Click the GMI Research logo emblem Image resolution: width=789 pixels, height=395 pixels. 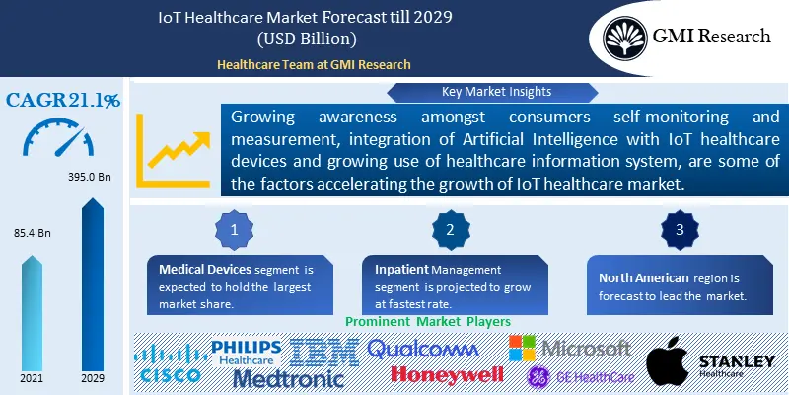pos(626,37)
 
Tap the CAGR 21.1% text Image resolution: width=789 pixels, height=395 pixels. pos(63,100)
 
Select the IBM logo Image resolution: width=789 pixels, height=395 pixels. pos(323,352)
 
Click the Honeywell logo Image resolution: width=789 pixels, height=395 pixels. pos(447,373)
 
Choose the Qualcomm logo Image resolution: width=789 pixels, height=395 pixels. pos(422,348)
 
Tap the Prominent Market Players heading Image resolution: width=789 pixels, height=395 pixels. pos(427,322)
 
